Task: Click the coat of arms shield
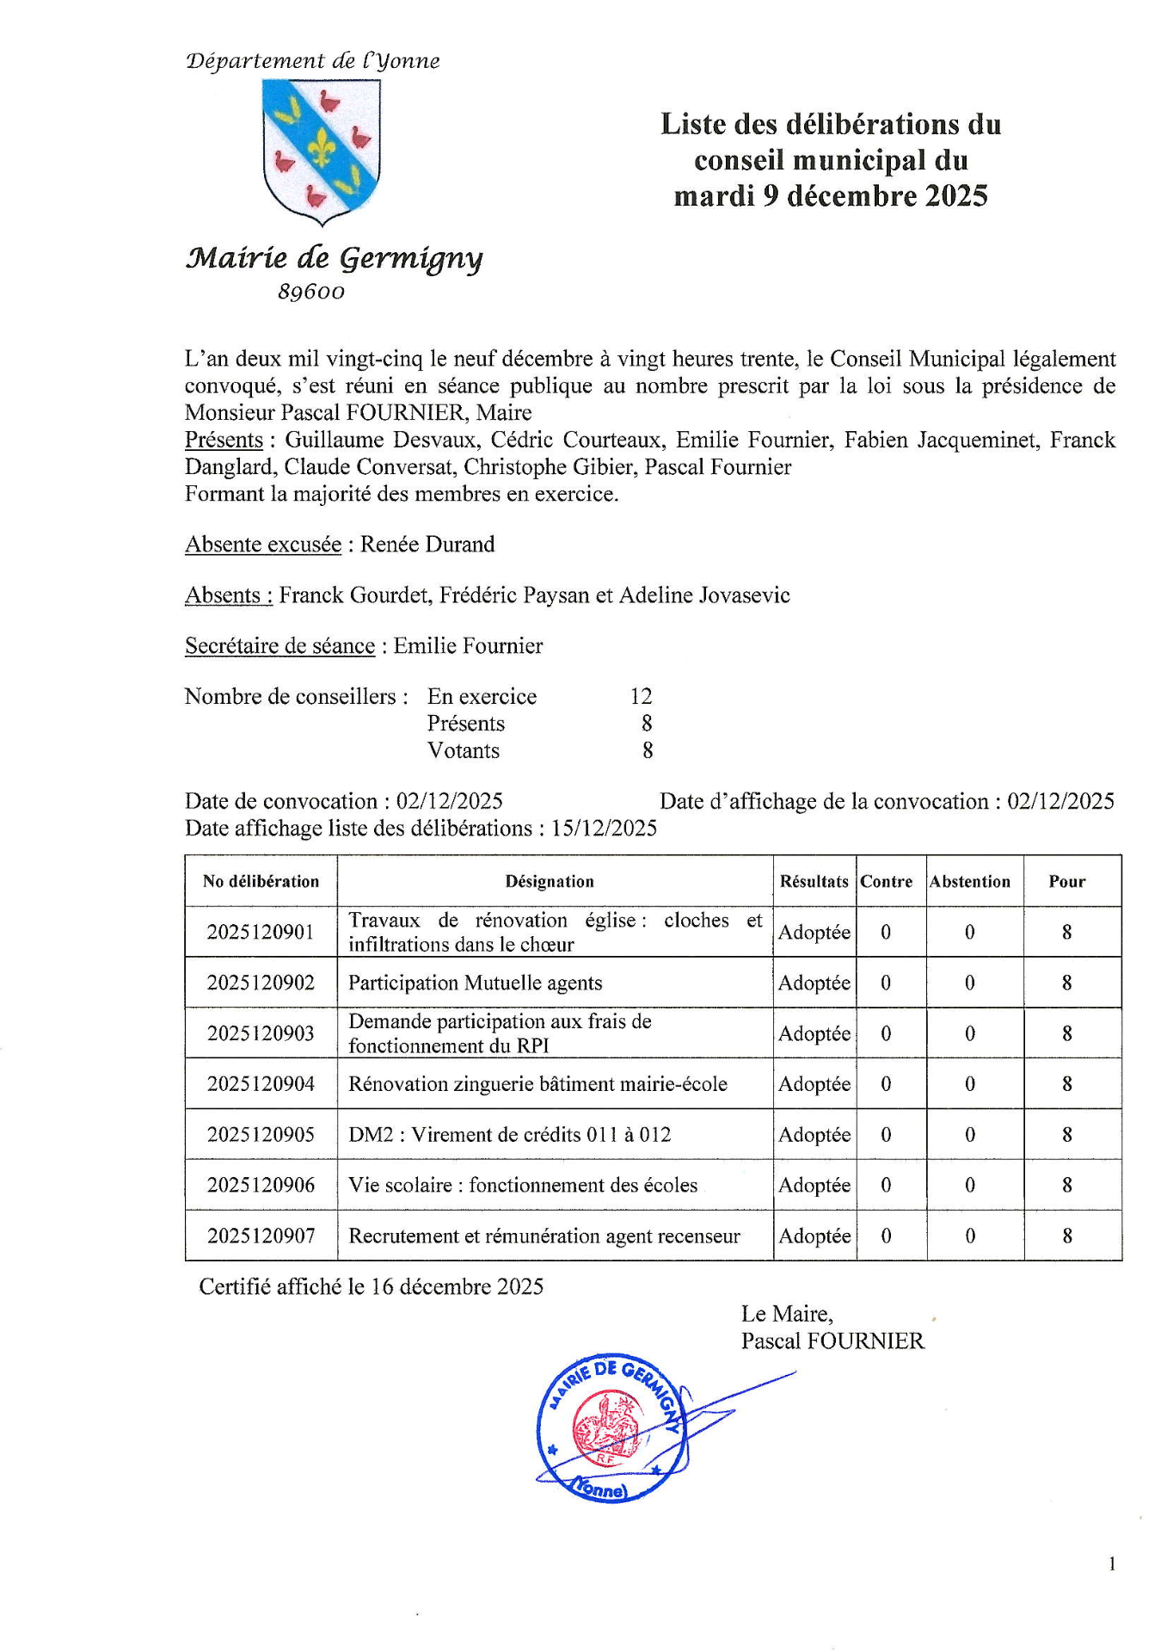coord(322,151)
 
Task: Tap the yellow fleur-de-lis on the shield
coord(322,148)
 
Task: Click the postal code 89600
coord(310,293)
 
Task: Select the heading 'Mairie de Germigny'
coord(334,257)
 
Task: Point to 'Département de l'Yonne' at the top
coord(312,61)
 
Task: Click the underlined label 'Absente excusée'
coord(262,545)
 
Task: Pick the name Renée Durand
coord(427,545)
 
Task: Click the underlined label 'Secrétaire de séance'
coord(279,646)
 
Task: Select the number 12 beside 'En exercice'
coord(641,696)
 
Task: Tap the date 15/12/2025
coord(604,829)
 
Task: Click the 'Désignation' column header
coord(550,881)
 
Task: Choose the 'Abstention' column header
coord(970,881)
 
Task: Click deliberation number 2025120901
coord(261,932)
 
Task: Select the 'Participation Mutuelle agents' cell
coord(475,983)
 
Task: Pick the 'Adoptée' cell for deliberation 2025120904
coord(814,1084)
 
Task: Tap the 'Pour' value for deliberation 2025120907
coord(1067,1236)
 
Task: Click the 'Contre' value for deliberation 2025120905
coord(886,1135)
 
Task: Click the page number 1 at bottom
coord(1112,1564)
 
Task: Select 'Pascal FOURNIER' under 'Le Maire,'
coord(832,1341)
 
